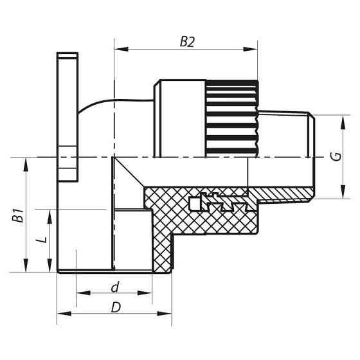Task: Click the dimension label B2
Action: pos(186,42)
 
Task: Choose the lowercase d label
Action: pos(114,285)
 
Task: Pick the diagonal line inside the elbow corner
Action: pos(130,174)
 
